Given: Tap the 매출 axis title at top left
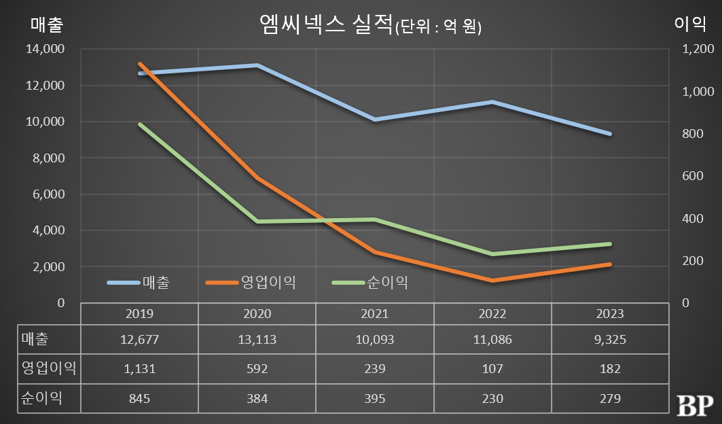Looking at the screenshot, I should (47, 25).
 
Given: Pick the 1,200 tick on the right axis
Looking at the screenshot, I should (693, 50).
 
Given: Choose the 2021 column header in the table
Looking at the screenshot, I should (374, 314).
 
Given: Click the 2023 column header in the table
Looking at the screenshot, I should (609, 314).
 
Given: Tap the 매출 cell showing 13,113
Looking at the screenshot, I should (257, 339).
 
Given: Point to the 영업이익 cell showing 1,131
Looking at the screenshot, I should (139, 368).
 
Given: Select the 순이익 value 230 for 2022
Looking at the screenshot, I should (492, 398).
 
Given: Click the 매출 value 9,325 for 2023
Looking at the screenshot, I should (609, 339).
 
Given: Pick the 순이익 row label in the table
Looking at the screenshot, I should (41, 398).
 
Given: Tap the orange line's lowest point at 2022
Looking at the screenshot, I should (492, 280).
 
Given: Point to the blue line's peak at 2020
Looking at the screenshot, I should (257, 65).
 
